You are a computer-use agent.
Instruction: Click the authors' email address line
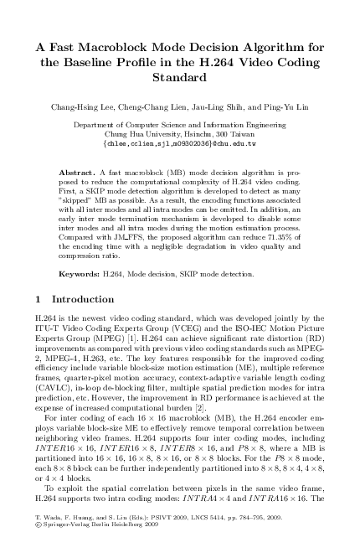tap(179, 142)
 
